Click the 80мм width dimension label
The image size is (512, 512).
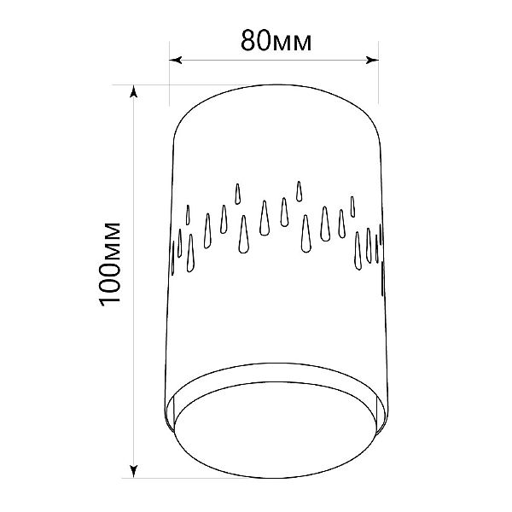[276, 41]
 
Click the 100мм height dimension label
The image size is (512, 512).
[110, 265]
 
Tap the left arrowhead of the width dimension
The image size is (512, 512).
[176, 60]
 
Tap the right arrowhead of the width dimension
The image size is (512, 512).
[372, 60]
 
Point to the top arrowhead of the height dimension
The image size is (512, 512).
[133, 91]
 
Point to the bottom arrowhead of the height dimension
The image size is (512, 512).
[133, 471]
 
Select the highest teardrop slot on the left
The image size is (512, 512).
[238, 194]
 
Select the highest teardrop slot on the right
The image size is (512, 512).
[299, 191]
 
